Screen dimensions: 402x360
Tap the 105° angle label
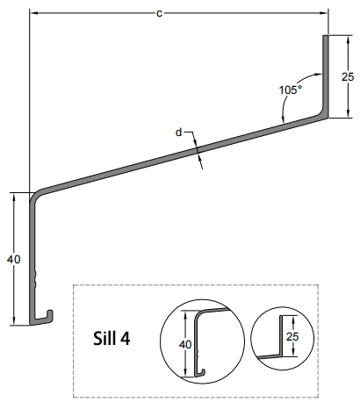coord(290,89)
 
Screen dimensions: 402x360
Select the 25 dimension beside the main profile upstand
coord(348,76)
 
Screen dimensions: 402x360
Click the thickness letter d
coord(179,133)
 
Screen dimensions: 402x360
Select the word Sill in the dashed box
coord(105,338)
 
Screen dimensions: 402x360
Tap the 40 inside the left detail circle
coord(184,344)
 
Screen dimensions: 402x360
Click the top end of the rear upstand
coord(327,37)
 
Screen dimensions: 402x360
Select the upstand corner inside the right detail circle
coord(283,355)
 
